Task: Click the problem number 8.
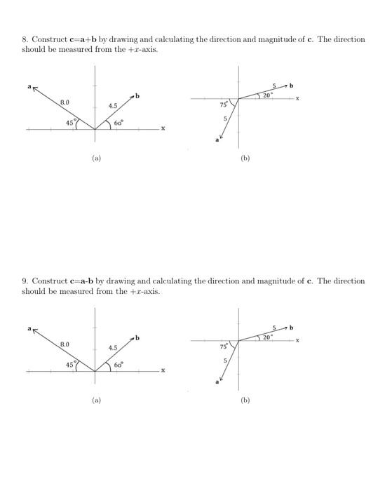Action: pyautogui.click(x=24, y=39)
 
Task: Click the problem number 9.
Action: pyautogui.click(x=24, y=281)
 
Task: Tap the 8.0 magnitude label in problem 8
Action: pyautogui.click(x=65, y=102)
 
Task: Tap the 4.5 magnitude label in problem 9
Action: pyautogui.click(x=113, y=347)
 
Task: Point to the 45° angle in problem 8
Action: pyautogui.click(x=70, y=123)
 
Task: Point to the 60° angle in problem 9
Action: pyautogui.click(x=119, y=365)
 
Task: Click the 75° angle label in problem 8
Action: pyautogui.click(x=222, y=103)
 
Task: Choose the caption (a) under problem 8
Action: pyautogui.click(x=95, y=159)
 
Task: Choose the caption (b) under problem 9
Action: pyautogui.click(x=244, y=401)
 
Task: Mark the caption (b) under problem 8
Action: pyautogui.click(x=244, y=159)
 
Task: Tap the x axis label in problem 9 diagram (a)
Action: pyautogui.click(x=163, y=370)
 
